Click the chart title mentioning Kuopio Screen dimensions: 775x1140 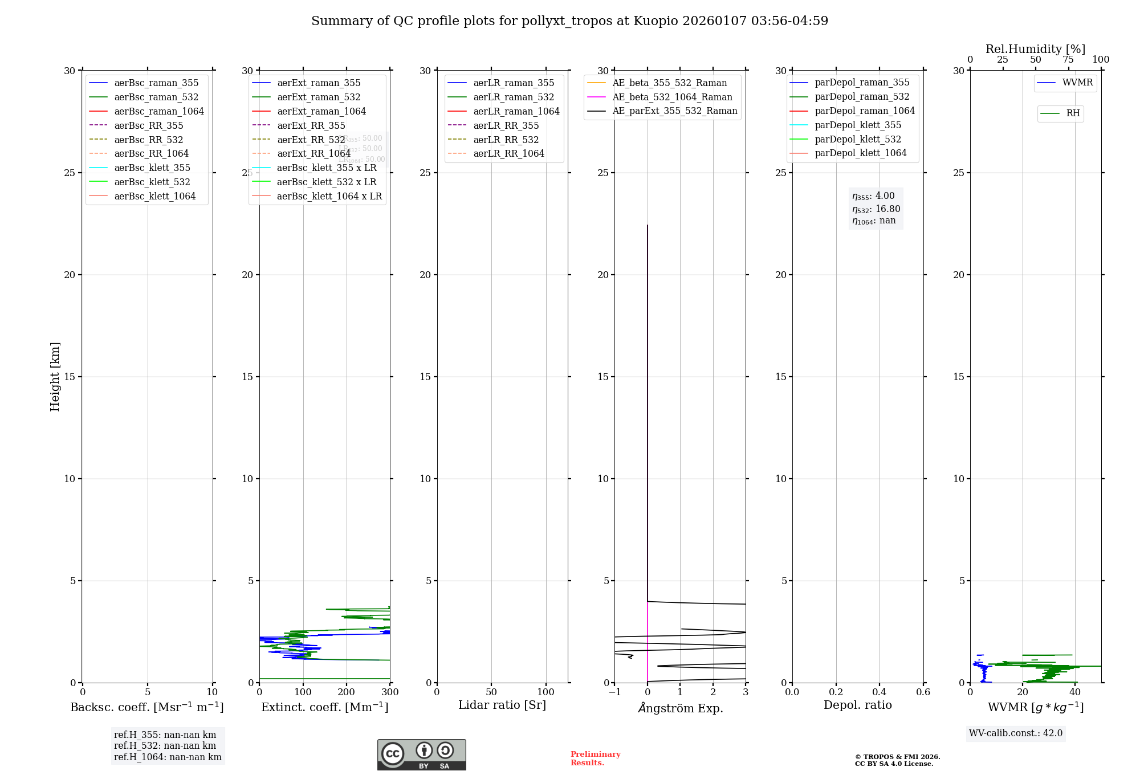pos(569,21)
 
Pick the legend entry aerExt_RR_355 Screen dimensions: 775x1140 pos(311,125)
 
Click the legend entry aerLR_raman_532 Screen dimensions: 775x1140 pos(513,97)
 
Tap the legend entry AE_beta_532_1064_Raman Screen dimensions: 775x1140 pos(672,97)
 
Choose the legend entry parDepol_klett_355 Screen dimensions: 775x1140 pos(857,125)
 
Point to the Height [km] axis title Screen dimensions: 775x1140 pos(55,376)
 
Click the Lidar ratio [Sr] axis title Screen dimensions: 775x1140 pos(502,705)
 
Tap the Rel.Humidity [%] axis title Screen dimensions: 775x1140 pos(1035,49)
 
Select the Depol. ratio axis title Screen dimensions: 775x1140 pos(857,705)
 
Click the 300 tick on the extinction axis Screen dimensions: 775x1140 pos(390,692)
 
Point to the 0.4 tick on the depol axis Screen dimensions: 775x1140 pos(880,692)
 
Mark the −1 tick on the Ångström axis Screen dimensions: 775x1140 pos(614,692)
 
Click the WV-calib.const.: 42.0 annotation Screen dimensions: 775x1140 pos(1015,733)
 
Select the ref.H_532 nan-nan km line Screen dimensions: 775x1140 pos(165,745)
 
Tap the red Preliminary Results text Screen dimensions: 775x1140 pos(595,758)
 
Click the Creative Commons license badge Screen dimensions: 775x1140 pos(421,754)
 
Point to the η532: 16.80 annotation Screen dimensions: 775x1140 pos(876,209)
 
